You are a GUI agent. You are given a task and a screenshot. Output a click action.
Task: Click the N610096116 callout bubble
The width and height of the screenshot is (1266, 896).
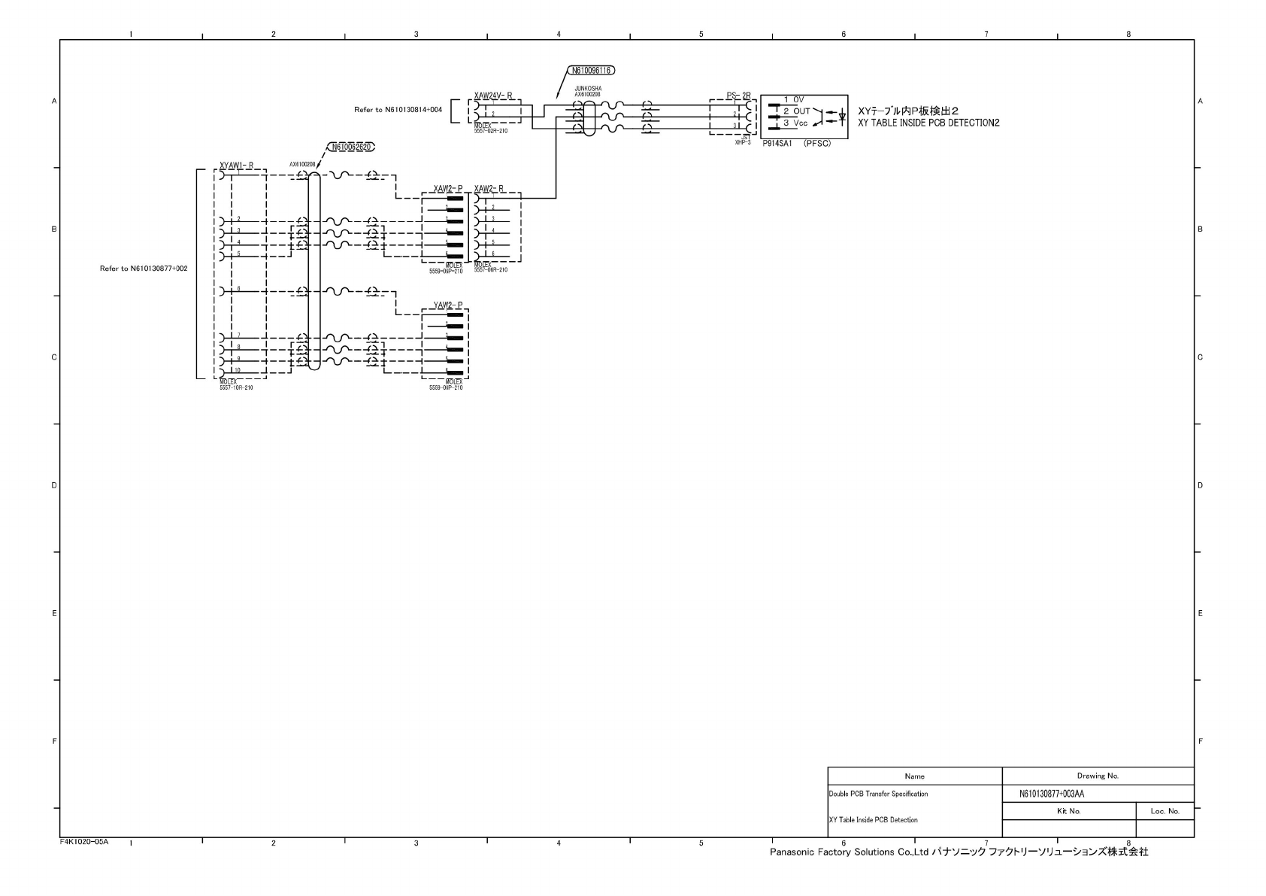tap(590, 71)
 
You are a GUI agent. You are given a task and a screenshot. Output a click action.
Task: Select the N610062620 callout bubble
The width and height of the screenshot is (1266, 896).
tap(350, 147)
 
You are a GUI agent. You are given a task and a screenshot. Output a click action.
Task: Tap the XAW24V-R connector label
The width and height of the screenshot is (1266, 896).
tap(493, 96)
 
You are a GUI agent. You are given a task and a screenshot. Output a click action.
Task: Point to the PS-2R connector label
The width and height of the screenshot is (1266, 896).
tap(738, 96)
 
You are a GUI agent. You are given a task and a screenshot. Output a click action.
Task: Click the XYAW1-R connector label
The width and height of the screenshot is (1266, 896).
tap(236, 166)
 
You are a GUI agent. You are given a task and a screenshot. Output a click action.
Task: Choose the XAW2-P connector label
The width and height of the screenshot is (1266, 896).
tap(447, 188)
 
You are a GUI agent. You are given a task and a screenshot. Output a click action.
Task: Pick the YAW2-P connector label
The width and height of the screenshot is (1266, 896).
tap(447, 305)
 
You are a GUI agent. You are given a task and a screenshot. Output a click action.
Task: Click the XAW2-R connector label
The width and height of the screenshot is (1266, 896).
tap(489, 188)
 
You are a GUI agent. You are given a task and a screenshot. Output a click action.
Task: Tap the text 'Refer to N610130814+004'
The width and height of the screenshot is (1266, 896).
tap(398, 110)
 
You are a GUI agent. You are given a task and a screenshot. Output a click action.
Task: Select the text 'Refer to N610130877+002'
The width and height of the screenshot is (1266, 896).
tap(144, 269)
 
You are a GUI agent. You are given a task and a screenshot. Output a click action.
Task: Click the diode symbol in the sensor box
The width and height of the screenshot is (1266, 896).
tap(841, 117)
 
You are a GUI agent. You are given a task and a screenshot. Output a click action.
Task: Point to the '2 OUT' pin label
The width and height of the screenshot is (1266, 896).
tap(797, 111)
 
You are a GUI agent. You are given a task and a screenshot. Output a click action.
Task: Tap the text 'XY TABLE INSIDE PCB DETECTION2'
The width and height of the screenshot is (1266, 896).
tap(928, 123)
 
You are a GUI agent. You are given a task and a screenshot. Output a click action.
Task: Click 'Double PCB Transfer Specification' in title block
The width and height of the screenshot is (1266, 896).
tap(878, 794)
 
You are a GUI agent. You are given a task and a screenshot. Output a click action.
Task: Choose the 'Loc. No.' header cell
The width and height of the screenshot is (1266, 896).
tap(1165, 811)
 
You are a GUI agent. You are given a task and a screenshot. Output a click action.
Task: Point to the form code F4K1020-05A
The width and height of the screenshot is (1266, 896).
tap(84, 842)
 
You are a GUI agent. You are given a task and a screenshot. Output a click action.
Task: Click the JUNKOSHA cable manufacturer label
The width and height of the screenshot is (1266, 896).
tap(588, 88)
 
